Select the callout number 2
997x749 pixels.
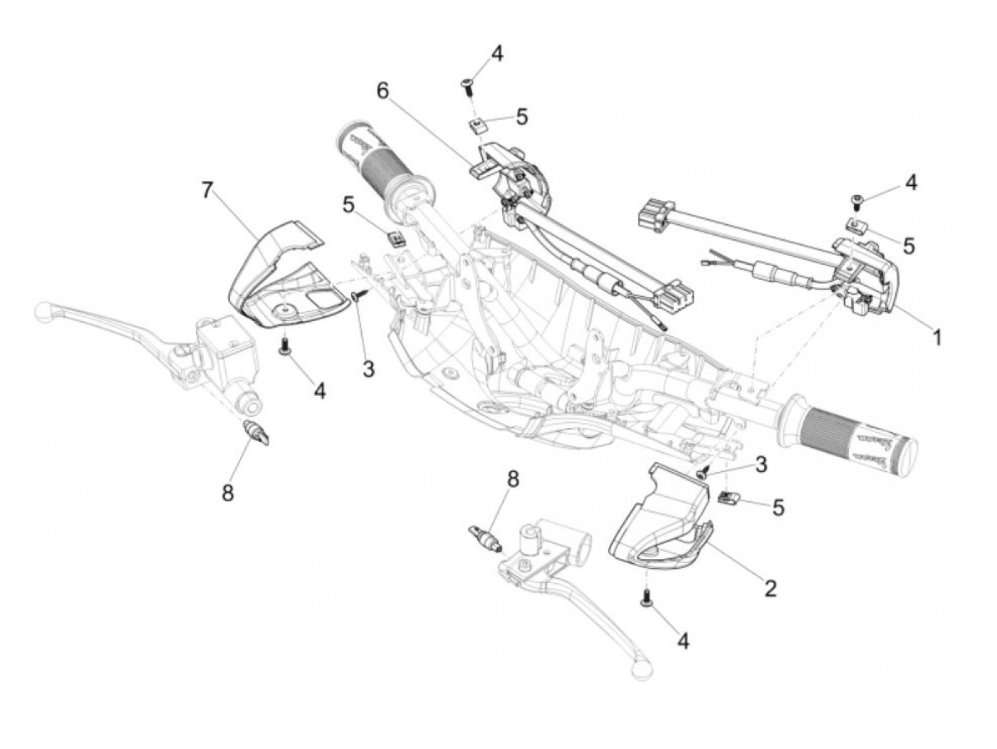pos(769,588)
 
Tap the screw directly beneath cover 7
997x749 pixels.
pos(285,346)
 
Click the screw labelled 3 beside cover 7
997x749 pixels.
pos(359,296)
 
